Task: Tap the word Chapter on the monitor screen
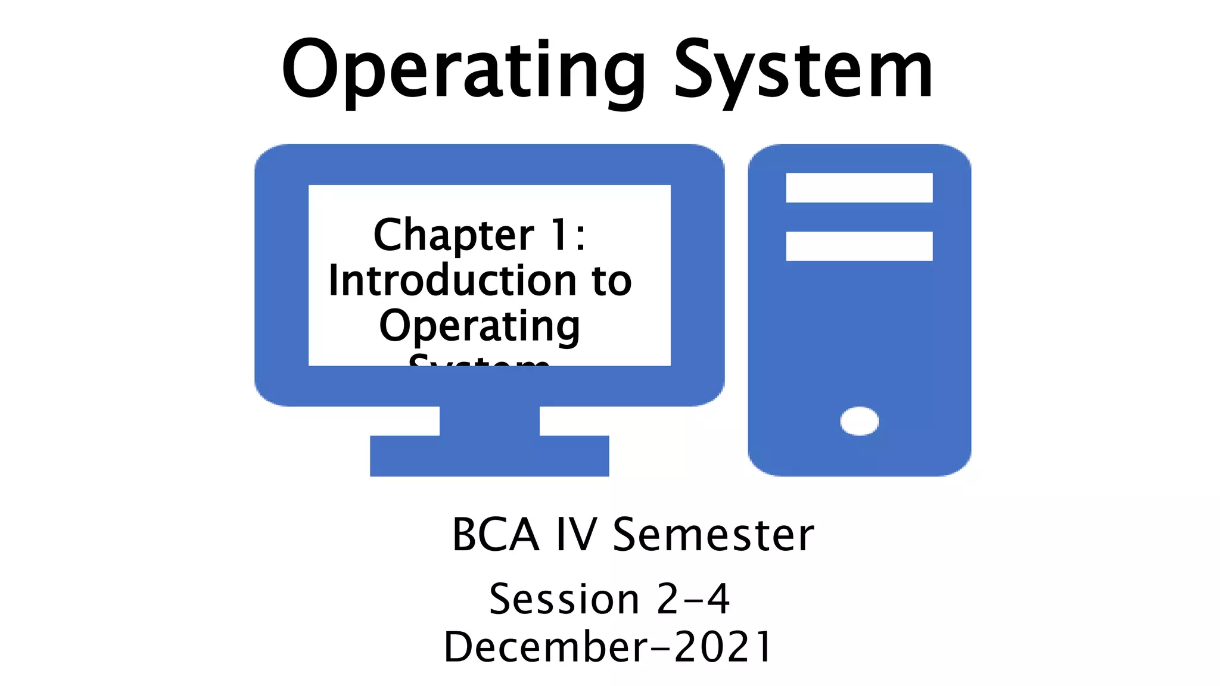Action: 454,235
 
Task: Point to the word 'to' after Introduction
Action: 612,281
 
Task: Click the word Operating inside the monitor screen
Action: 480,326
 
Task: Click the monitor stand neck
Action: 490,421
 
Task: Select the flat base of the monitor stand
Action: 490,456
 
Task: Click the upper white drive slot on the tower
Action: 859,188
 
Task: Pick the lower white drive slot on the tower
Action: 859,246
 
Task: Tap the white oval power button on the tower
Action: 859,421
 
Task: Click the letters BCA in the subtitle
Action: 496,535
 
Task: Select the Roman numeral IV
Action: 576,535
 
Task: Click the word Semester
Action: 713,535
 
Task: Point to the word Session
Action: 564,599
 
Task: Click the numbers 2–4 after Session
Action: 693,599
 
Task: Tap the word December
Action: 546,647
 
